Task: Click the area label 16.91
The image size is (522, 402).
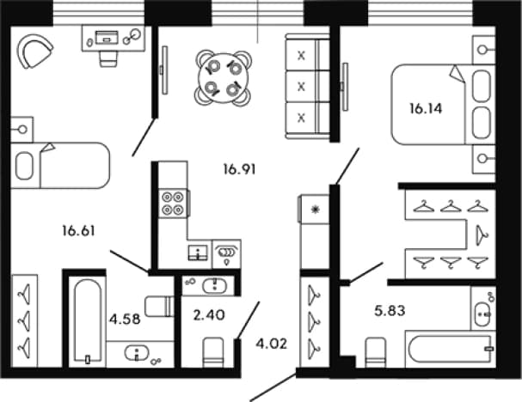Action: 239,169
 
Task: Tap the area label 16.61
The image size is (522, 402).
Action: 78,231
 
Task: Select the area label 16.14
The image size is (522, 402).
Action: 426,109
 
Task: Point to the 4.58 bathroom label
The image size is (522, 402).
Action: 125,320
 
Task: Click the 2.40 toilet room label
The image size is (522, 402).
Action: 209,315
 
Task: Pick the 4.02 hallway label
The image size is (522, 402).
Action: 272,344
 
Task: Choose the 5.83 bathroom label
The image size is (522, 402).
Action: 390,311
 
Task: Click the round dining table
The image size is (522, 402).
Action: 223,78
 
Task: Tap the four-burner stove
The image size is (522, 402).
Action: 173,204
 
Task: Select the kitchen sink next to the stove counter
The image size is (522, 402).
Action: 198,253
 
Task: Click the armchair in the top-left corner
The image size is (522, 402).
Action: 34,51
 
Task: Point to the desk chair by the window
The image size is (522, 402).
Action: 108,59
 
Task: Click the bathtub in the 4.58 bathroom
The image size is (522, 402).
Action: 88,321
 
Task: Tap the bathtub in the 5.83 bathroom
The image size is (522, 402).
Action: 450,349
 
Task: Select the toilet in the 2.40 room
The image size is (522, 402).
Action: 213,352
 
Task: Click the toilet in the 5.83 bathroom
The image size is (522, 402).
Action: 376,352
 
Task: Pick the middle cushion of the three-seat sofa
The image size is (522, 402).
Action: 301,87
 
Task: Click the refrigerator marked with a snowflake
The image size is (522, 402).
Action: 314,210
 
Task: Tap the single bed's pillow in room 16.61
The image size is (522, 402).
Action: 24,166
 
